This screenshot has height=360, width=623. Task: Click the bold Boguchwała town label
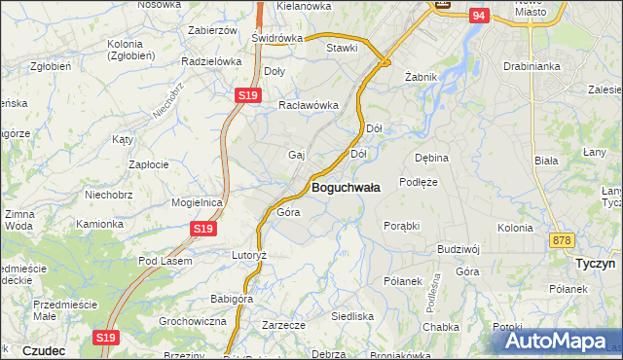click(346, 186)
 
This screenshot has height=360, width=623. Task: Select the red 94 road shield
click(477, 17)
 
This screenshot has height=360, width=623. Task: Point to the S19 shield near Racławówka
click(248, 95)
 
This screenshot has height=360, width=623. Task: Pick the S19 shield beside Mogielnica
click(202, 228)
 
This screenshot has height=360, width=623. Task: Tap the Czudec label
click(43, 350)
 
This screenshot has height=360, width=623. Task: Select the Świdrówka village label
click(276, 38)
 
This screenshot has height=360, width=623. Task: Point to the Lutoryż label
click(248, 254)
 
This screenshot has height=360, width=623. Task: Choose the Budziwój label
click(460, 249)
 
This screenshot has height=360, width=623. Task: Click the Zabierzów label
click(212, 30)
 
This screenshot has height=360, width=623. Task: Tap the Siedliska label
click(352, 316)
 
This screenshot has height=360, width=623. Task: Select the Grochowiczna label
click(193, 320)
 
